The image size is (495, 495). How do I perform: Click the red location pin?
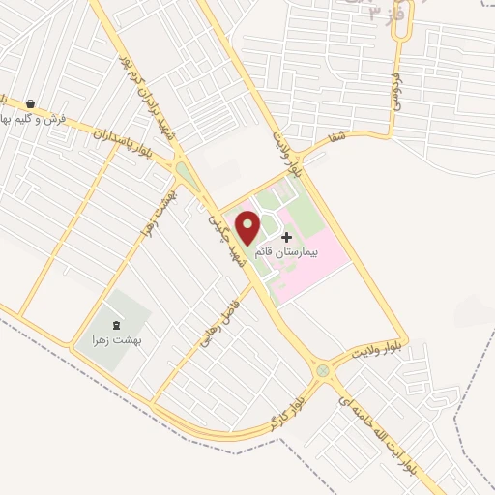coord(249,228)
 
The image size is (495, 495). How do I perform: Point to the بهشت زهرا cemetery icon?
coord(117,326)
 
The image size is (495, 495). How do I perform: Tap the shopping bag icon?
coord(32,104)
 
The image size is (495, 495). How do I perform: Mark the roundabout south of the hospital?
coord(322,371)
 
